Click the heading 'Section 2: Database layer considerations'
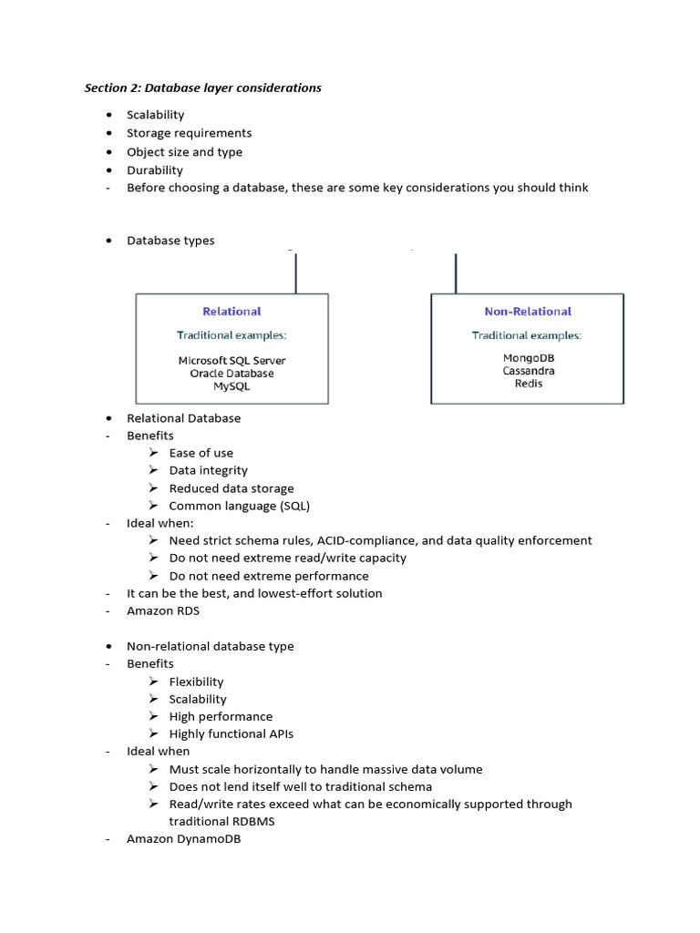click(202, 88)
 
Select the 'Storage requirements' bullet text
click(189, 133)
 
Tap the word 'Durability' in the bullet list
click(154, 170)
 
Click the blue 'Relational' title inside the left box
click(232, 312)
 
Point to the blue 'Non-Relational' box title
click(528, 312)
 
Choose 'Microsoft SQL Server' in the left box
click(232, 361)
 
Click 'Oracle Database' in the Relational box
click(232, 374)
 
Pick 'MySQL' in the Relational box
click(232, 386)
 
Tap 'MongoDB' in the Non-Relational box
click(528, 358)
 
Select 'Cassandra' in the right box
click(528, 371)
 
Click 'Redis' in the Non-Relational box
click(528, 384)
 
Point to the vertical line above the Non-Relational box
click(455, 272)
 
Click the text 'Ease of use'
click(201, 453)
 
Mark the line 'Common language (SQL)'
click(245, 506)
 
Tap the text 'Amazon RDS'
click(162, 610)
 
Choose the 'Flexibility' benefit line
click(196, 682)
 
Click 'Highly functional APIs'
click(231, 733)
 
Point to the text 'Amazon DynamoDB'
click(183, 839)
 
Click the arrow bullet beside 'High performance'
click(153, 716)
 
